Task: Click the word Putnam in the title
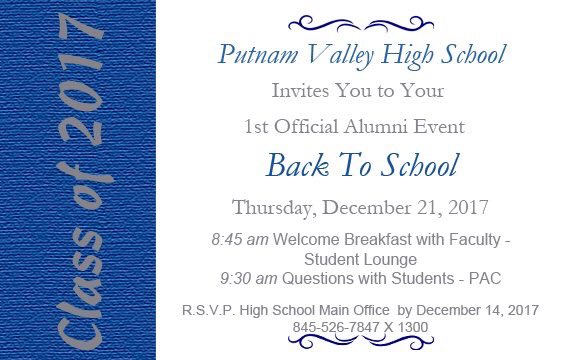point(258,55)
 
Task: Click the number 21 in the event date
point(429,207)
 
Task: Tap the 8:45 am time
point(240,240)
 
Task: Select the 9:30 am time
point(249,278)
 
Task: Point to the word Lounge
point(389,260)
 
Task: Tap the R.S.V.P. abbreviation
point(208,310)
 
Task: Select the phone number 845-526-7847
point(336,327)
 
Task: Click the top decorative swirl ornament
point(361,24)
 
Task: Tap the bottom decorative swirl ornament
point(361,343)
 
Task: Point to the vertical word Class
point(80,283)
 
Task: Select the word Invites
point(300,90)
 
